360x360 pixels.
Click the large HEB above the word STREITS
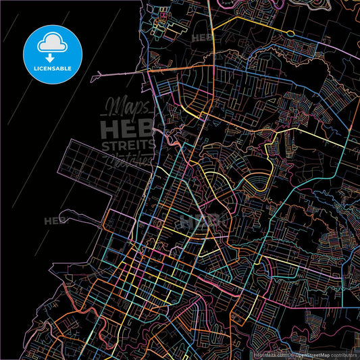127,128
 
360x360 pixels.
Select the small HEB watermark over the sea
54,221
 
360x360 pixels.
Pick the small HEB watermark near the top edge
203,38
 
